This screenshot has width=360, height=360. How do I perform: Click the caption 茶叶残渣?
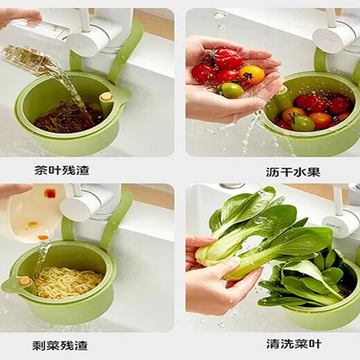pyautogui.click(x=62, y=170)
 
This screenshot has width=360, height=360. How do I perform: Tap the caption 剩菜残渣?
pyautogui.click(x=62, y=343)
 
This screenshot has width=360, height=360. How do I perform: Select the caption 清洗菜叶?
pyautogui.click(x=293, y=343)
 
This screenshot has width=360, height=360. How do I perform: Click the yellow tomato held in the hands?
pyautogui.click(x=252, y=75)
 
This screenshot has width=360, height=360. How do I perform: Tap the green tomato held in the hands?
pyautogui.click(x=232, y=90)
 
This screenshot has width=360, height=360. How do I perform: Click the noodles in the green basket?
pyautogui.click(x=68, y=282)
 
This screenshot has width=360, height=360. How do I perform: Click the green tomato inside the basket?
pyautogui.click(x=302, y=123)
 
